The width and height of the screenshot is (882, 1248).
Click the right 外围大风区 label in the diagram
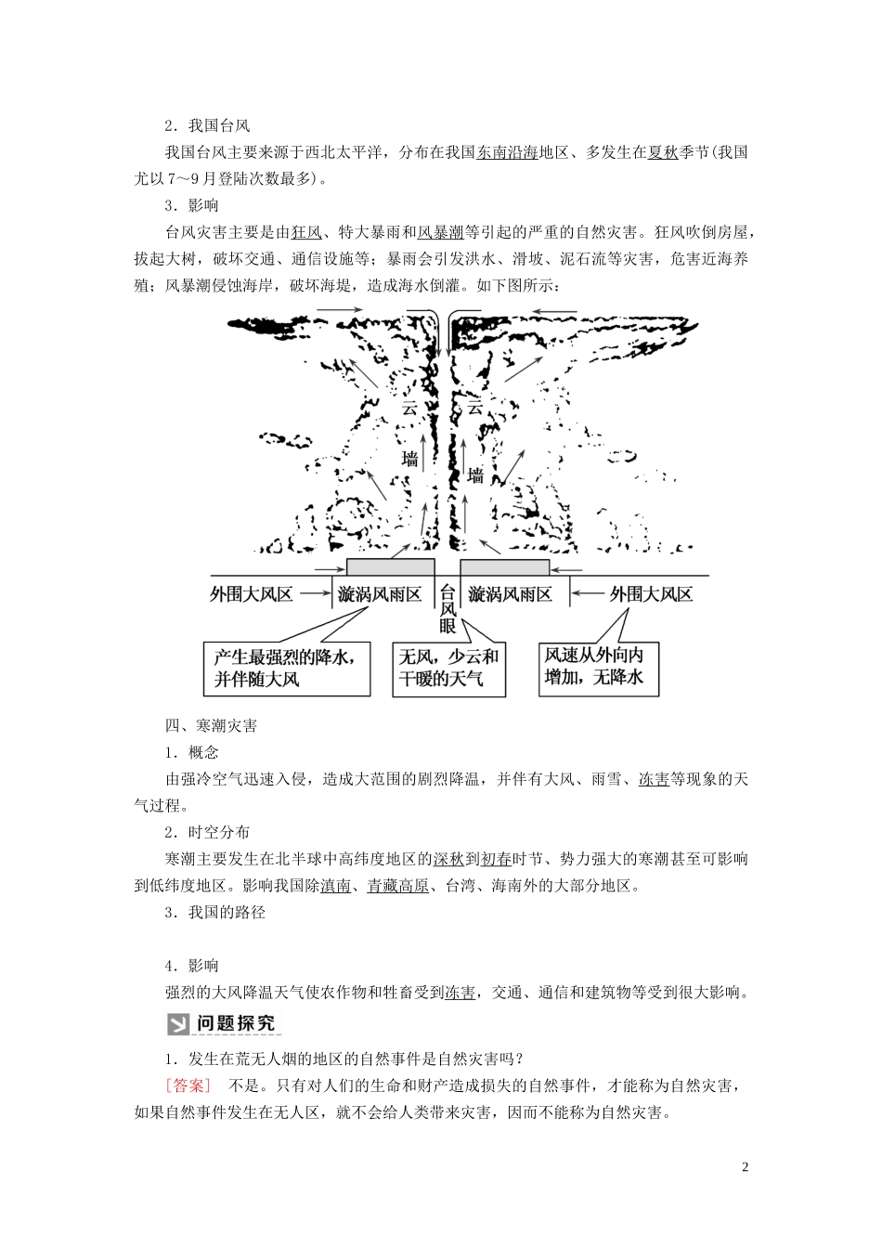coord(651,592)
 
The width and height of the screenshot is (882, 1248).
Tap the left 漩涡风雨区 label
coord(382,592)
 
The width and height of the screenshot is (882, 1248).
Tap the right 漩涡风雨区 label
coord(511,592)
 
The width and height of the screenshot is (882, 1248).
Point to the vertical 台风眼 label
coord(447,609)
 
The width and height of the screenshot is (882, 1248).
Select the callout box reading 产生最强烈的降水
coord(287,667)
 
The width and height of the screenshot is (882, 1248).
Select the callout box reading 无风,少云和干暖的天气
coord(449,667)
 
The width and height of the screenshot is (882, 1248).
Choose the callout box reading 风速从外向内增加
coord(600,667)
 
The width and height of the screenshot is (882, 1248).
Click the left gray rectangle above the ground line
coord(390,566)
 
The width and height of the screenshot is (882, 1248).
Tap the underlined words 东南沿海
coord(507,153)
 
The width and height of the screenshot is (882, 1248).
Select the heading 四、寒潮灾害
coord(211,725)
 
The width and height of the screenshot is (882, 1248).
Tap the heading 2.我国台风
coord(207,126)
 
